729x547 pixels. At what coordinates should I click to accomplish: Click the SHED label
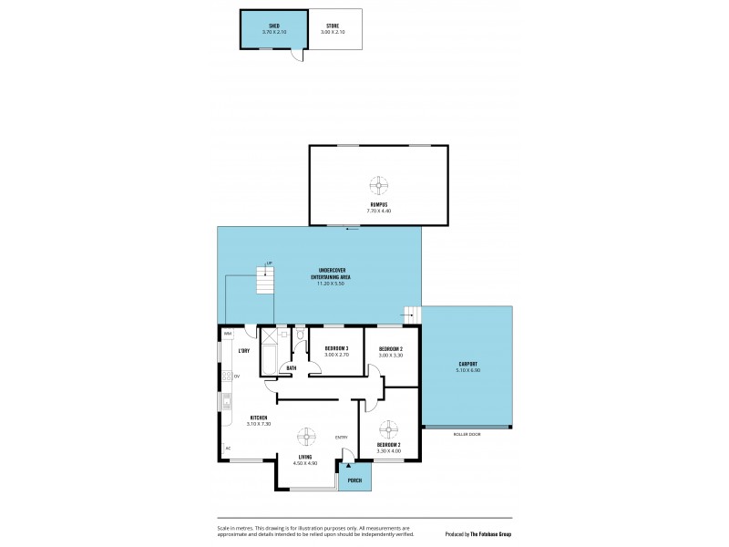coord(273,26)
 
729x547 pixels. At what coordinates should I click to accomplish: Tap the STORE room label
coord(334,26)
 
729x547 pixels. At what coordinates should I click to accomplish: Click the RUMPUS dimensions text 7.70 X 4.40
coord(378,210)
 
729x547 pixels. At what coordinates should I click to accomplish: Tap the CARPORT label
coord(467,364)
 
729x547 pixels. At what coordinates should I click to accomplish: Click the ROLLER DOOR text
coord(467,433)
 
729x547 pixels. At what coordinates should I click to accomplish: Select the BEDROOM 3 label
coord(336,348)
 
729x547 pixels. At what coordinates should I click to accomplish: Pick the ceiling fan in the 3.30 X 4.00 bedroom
coord(389,428)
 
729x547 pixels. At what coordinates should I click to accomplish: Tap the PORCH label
coord(354,480)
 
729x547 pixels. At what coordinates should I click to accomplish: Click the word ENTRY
coord(342,438)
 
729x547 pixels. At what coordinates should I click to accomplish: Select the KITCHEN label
coord(258,418)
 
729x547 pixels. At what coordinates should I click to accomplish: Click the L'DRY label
coord(244,351)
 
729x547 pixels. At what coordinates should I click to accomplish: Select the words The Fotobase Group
coord(490,534)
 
